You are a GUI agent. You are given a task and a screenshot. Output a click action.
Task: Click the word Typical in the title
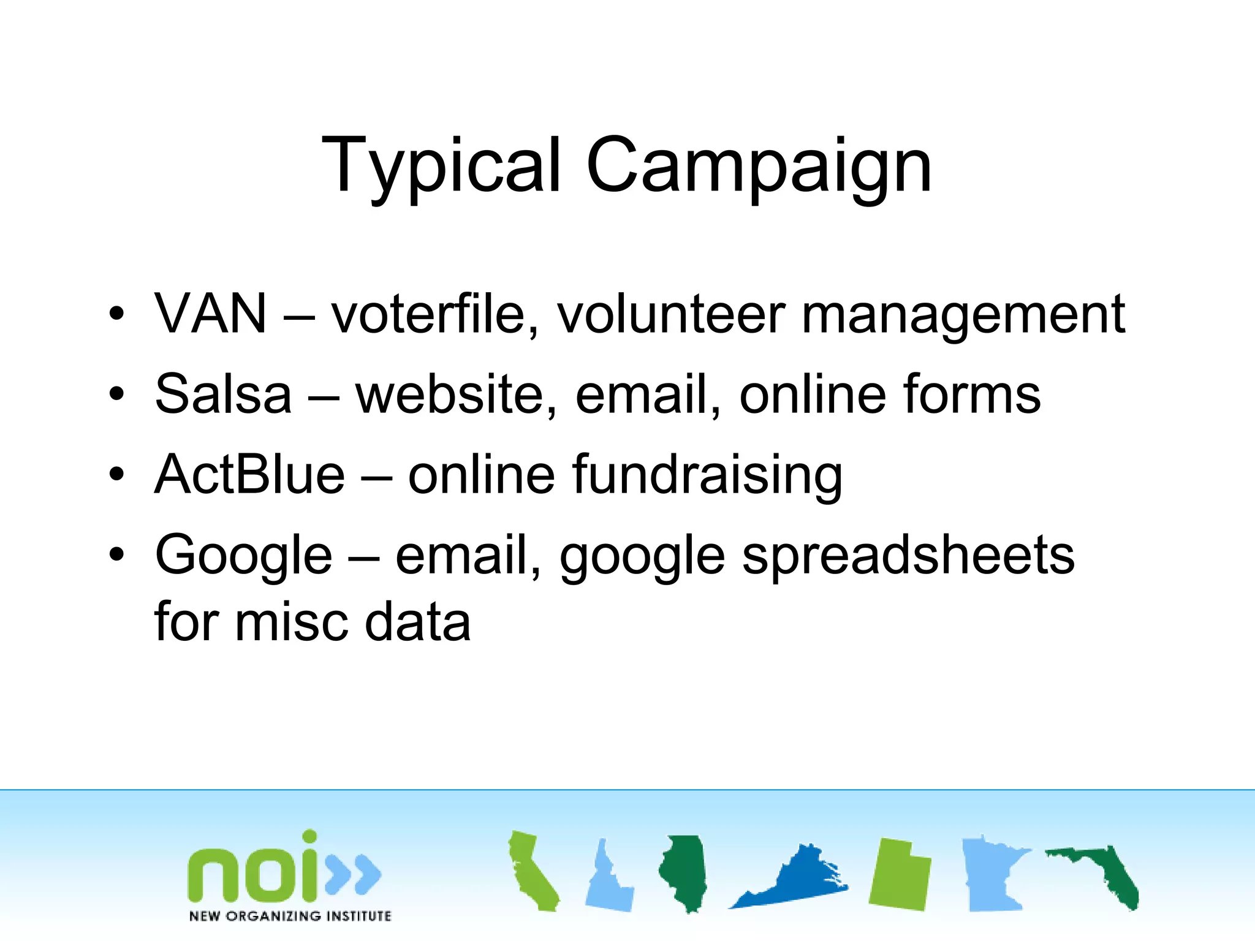[x=440, y=165]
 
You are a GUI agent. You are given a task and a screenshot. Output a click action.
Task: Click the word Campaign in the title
[x=759, y=165]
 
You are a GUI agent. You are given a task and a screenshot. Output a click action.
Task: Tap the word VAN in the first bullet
[x=211, y=314]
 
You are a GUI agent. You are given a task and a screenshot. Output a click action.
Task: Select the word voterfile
[x=434, y=314]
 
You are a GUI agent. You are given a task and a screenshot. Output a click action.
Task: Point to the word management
[x=963, y=315]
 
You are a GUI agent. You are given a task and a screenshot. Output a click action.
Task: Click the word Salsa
[x=223, y=394]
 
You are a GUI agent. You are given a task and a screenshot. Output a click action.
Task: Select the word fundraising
[x=707, y=475]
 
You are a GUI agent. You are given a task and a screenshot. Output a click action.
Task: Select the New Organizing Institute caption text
[x=290, y=916]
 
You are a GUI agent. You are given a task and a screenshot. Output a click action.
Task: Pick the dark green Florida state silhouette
[x=1103, y=873]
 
